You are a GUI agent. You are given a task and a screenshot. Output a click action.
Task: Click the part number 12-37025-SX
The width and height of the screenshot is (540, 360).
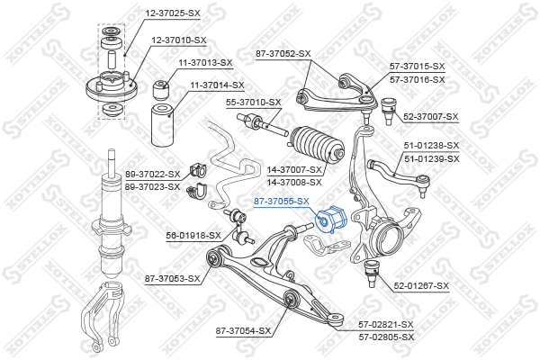173,13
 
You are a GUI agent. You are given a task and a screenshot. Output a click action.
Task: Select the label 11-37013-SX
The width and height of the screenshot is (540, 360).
205,63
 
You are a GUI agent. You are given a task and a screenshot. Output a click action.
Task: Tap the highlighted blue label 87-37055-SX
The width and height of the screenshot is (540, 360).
282,202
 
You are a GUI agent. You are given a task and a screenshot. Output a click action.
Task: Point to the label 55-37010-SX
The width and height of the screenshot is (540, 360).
253,103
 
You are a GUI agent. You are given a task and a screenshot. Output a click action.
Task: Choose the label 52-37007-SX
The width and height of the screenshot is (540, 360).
431,117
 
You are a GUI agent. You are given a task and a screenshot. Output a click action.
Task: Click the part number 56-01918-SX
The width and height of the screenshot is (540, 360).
193,236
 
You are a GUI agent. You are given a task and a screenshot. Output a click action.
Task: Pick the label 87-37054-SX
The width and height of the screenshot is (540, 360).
243,331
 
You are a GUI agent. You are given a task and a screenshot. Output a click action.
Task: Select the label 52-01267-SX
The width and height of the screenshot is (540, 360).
421,286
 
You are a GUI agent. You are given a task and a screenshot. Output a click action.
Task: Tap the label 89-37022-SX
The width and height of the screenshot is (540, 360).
153,175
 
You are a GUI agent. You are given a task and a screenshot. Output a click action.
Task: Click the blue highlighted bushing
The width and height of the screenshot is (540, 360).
332,219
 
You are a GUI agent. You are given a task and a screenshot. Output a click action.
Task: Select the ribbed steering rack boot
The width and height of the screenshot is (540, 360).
317,144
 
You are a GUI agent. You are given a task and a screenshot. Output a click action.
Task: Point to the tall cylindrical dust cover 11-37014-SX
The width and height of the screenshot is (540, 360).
163,124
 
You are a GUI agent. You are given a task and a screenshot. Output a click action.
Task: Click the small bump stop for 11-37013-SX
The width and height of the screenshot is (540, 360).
161,89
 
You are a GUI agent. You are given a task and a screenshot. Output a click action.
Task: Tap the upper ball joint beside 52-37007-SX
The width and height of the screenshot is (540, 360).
390,111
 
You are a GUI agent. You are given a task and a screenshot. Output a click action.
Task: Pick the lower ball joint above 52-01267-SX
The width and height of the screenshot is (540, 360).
372,274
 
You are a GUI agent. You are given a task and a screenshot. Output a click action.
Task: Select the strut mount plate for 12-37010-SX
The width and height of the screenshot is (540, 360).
112,88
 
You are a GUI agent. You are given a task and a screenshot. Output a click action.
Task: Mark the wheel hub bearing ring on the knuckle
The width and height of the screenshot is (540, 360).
391,237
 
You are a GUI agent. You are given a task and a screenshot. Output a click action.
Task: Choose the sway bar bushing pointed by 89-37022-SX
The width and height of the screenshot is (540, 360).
197,171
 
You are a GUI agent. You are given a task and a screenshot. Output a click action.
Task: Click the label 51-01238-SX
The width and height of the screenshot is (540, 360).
431,146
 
